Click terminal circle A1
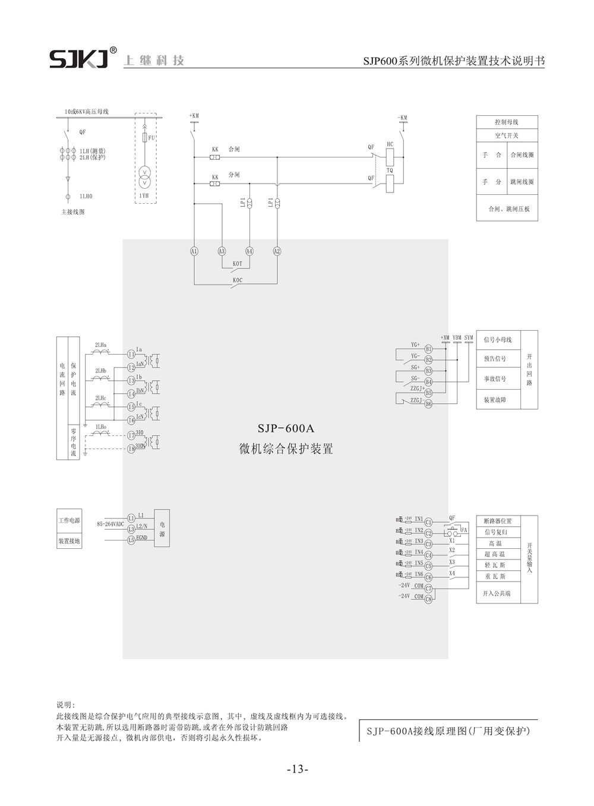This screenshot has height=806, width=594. coord(194,251)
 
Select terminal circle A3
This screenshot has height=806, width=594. coord(222,251)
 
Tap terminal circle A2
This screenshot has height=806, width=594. coord(277,251)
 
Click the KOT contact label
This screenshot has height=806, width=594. coord(237,263)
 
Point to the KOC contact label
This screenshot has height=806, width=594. coord(237,280)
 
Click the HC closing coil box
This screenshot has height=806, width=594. coord(390,156)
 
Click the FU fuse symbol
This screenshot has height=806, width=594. coord(145,138)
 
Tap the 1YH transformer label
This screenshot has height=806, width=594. coord(144,195)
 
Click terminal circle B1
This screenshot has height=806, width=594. coord(428,349)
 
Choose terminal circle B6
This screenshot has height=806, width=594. coord(428,403)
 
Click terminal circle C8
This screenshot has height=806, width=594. coord(428,598)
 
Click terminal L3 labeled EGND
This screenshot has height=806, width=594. coord(131,540)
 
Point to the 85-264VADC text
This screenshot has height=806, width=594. coord(110,524)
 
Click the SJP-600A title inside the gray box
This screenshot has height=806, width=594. coord(285,428)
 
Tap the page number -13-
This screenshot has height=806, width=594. coord(297,770)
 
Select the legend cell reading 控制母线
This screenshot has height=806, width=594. coord(507,122)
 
